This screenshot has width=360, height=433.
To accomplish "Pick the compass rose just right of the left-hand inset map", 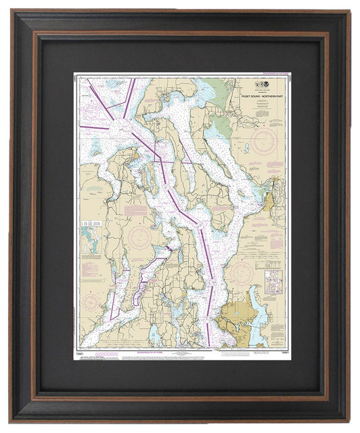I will pos(139,237).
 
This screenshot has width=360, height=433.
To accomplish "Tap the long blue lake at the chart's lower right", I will pos(257,315).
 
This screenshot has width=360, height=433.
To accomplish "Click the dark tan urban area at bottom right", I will pos(236,315).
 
